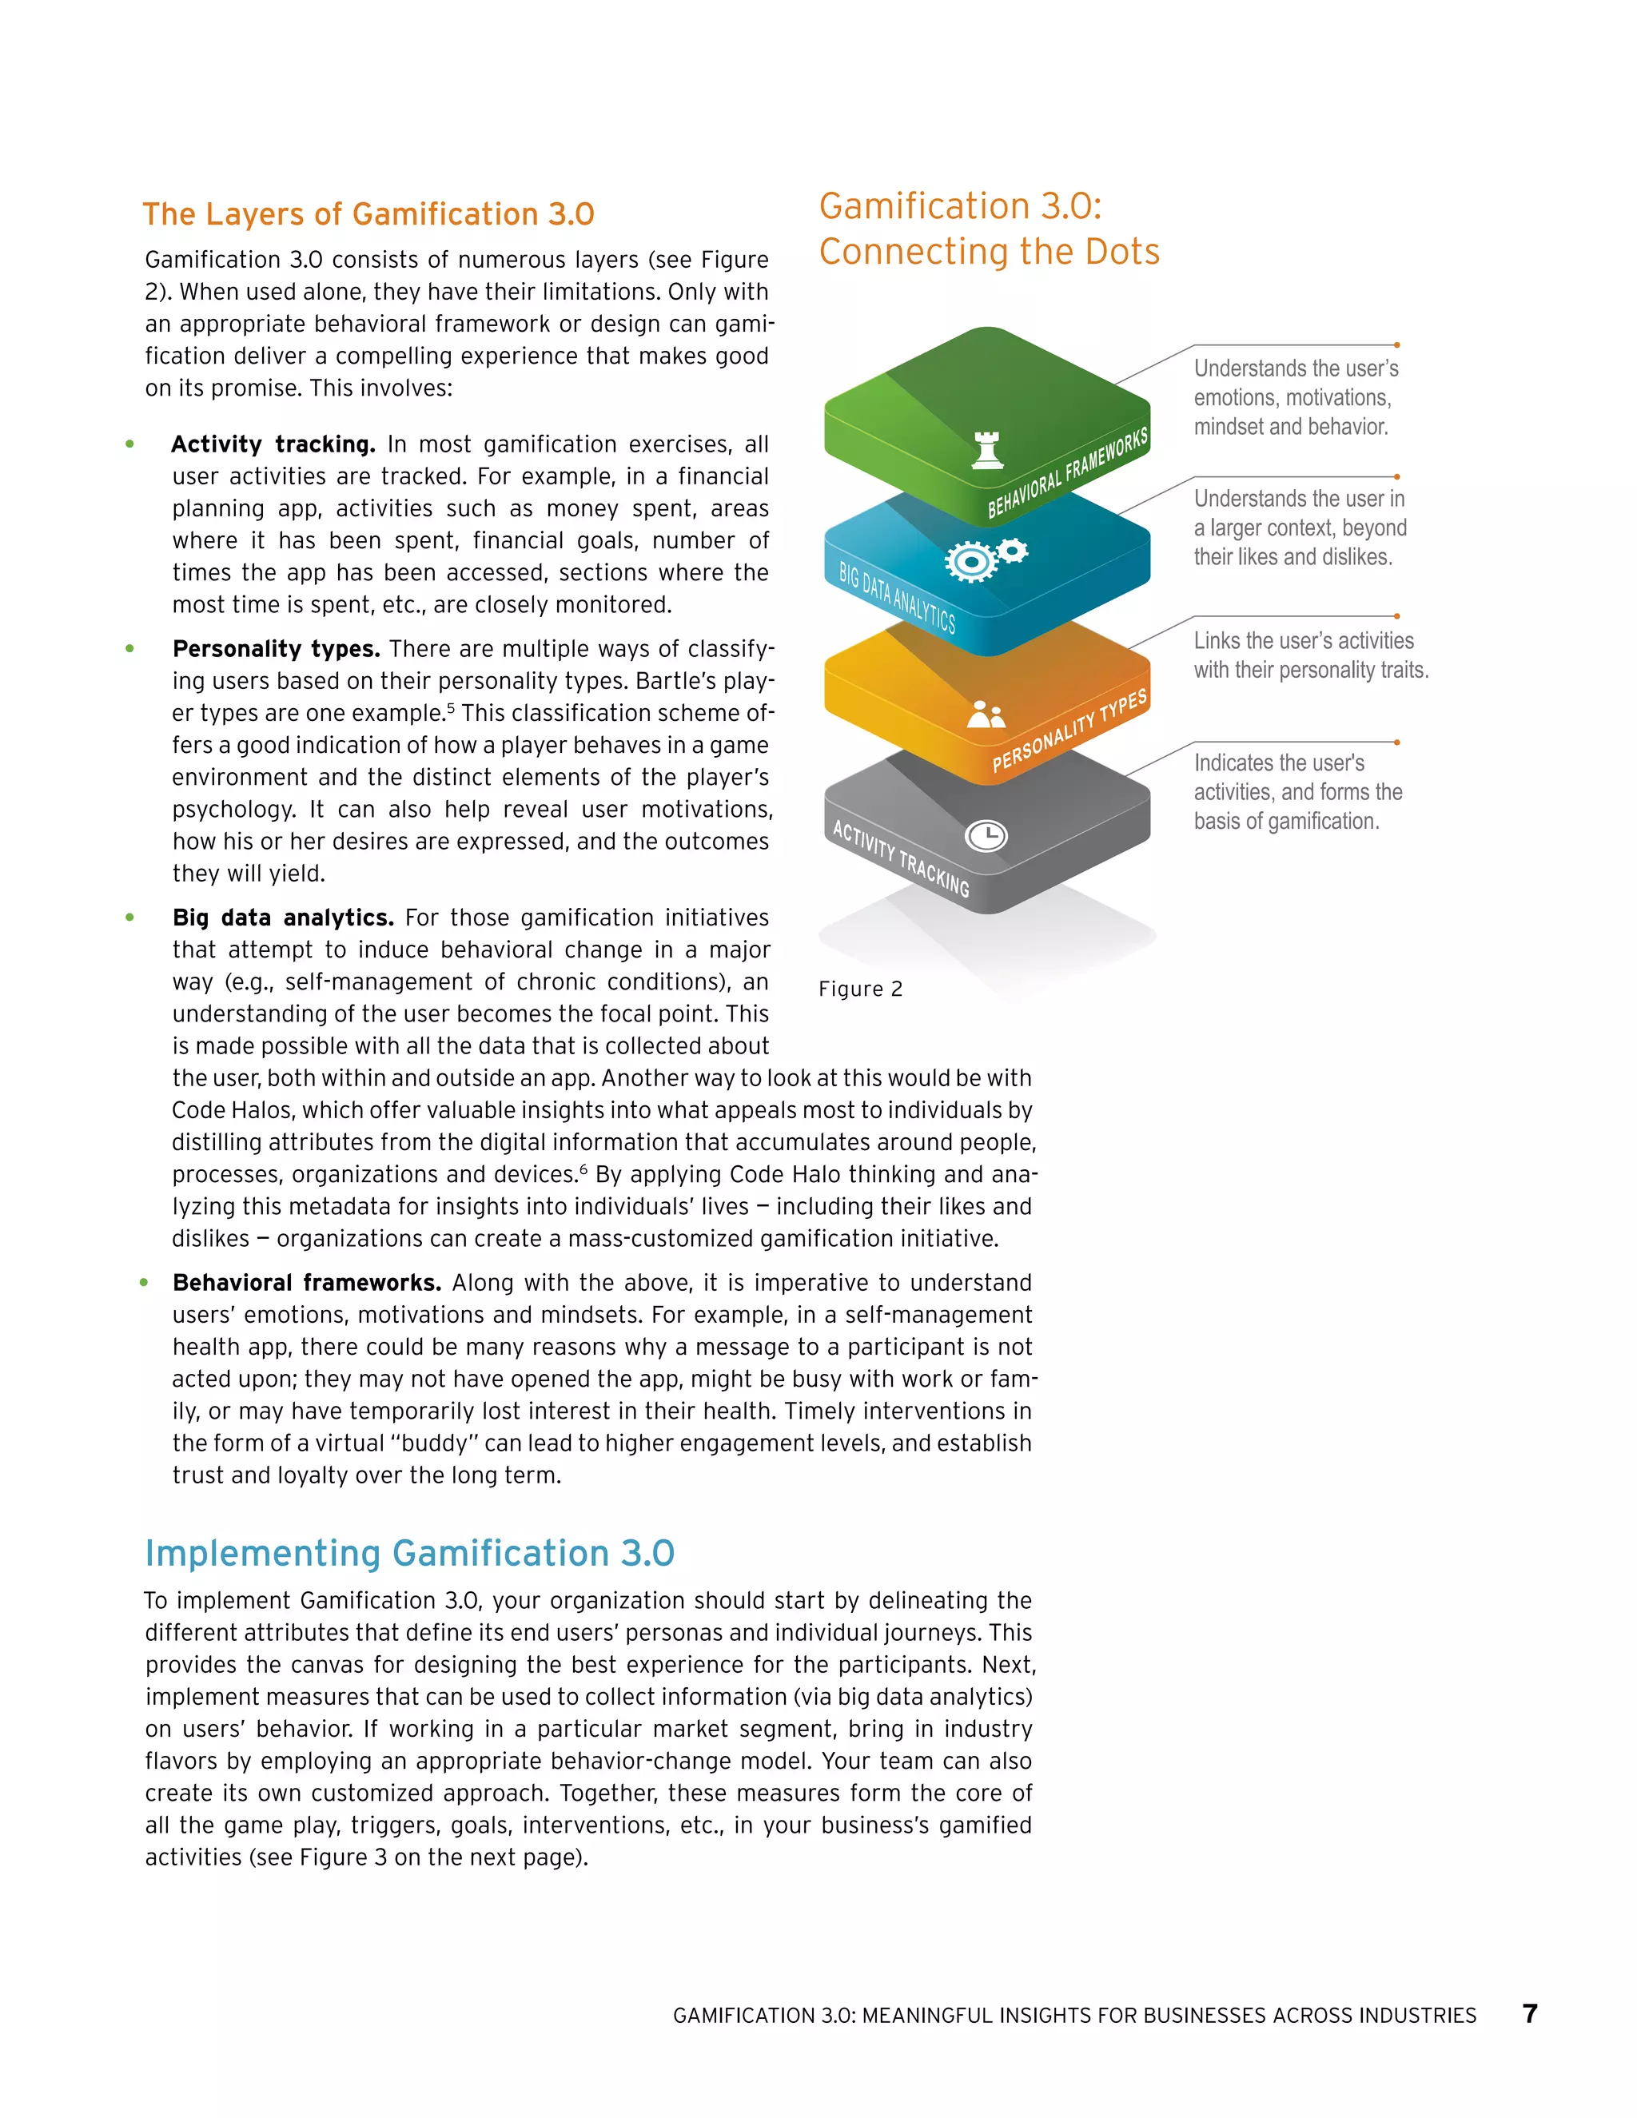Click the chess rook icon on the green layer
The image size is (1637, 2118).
click(x=987, y=450)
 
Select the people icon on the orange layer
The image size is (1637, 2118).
click(x=986, y=715)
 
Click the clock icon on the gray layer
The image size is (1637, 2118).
click(x=986, y=835)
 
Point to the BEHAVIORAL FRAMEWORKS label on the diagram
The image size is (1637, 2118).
click(x=1067, y=472)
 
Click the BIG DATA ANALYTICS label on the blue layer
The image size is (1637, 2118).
click(x=897, y=597)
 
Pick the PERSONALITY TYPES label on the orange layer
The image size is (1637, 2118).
click(x=1069, y=731)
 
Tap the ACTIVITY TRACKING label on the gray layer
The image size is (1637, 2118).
click(x=901, y=858)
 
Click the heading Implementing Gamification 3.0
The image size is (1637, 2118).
click(x=409, y=1553)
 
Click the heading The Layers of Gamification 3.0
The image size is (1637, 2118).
click(x=368, y=214)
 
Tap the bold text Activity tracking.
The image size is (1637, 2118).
click(x=273, y=444)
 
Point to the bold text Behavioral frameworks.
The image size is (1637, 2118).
click(x=306, y=1282)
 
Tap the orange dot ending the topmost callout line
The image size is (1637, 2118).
click(x=1396, y=345)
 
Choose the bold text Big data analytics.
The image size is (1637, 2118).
click(x=282, y=918)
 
